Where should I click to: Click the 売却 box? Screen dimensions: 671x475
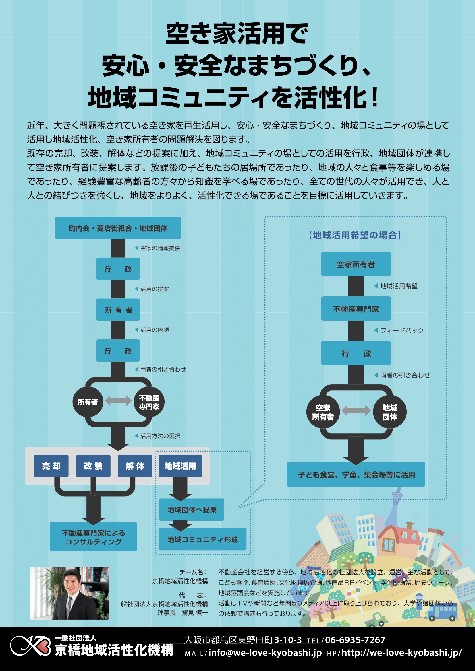coord(51,466)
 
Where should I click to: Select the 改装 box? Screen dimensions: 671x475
coord(93,466)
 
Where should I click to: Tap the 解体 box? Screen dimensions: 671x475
coord(135,466)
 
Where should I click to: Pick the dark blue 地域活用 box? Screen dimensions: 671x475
coord(180,466)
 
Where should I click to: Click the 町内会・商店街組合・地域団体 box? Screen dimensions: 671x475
coord(118,228)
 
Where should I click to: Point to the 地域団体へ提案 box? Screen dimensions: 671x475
coord(192,510)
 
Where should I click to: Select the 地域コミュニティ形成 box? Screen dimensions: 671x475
coord(202,540)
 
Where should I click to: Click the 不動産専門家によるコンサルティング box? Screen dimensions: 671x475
coord(93,537)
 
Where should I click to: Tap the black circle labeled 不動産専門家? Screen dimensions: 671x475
coord(149,402)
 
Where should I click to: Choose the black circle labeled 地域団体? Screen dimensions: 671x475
coord(390,412)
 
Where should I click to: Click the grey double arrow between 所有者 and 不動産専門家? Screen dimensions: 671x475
coord(118,401)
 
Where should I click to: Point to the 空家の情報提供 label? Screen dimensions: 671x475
coord(160,248)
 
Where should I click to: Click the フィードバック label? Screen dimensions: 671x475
coord(401,330)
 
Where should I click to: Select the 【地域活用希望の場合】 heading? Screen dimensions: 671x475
coord(355,235)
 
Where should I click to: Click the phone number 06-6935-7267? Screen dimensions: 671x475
coord(355,640)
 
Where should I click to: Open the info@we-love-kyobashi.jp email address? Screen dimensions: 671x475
coord(265,653)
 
